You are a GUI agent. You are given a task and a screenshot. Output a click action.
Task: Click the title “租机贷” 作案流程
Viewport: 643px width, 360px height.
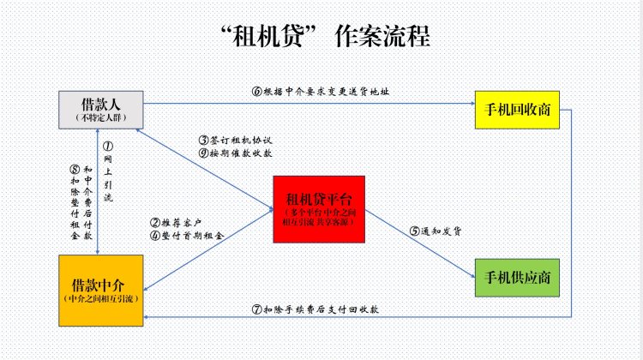tap(325, 36)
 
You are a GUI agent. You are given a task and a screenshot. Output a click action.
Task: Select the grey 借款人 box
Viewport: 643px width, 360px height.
tap(101, 110)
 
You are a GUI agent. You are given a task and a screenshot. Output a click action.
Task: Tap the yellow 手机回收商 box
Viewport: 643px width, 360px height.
tap(517, 110)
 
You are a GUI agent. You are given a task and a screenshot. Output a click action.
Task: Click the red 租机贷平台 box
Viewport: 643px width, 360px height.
tap(319, 209)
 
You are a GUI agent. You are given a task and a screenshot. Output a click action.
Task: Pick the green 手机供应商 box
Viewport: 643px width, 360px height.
tap(517, 278)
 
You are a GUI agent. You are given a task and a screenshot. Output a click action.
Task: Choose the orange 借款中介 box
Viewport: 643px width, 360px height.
tap(101, 291)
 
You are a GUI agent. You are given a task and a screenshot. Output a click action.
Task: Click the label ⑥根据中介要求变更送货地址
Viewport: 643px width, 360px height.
tap(321, 92)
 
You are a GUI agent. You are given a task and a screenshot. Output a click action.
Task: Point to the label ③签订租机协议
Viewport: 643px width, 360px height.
tap(236, 141)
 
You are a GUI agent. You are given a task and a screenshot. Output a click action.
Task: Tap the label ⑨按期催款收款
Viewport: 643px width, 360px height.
tap(236, 153)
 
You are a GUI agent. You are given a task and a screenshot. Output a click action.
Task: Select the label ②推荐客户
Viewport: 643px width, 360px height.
tap(176, 223)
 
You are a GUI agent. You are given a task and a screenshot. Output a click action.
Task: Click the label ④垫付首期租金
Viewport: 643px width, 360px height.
tap(187, 236)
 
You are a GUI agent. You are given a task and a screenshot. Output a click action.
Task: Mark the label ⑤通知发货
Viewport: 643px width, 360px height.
tap(436, 231)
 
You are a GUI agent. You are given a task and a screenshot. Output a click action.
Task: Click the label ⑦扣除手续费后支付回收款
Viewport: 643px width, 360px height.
tap(315, 309)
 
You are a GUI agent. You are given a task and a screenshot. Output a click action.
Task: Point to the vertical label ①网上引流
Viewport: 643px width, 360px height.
tap(108, 171)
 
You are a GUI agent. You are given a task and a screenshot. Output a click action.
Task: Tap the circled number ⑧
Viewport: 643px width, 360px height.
tap(75, 170)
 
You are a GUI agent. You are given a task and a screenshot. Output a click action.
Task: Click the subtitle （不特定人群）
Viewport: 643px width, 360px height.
tap(101, 117)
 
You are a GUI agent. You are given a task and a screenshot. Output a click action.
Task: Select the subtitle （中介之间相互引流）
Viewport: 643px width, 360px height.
tap(101, 298)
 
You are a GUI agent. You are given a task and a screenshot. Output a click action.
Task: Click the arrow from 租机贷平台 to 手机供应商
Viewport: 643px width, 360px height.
tap(420, 244)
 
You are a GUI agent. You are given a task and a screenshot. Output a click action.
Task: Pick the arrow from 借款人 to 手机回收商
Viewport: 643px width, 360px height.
tap(309, 104)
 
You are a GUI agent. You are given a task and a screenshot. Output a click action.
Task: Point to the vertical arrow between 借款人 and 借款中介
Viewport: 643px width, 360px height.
tap(97, 192)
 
